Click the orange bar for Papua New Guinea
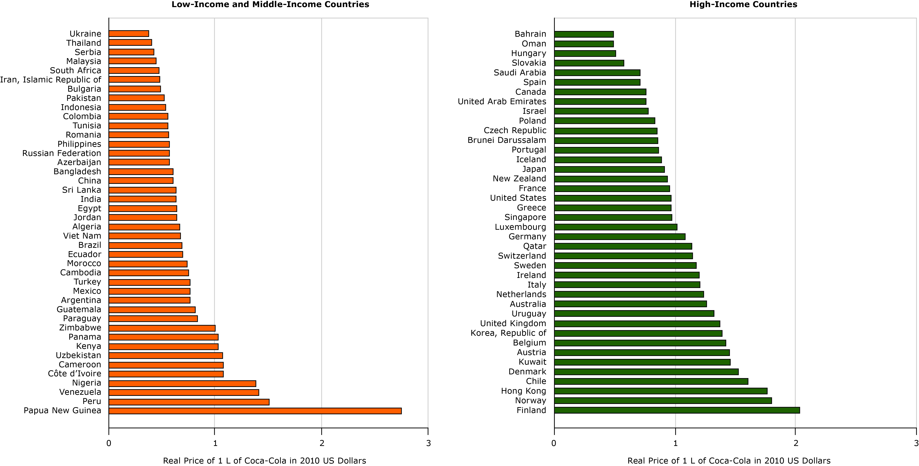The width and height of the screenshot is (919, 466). coord(255,411)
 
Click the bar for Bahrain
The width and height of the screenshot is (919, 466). coord(584,34)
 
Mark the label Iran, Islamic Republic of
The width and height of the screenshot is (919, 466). coord(51,80)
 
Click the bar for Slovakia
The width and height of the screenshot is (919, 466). coord(589,63)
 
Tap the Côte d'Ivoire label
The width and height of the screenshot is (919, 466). coord(74,374)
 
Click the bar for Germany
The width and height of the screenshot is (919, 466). coord(620,237)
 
